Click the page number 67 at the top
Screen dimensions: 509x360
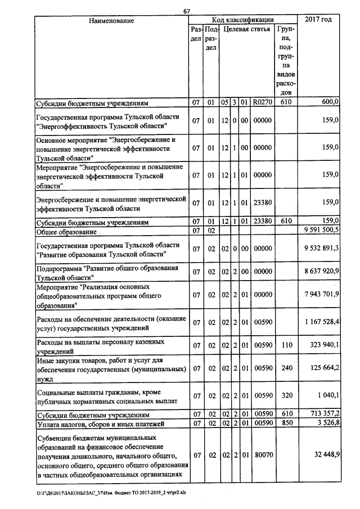pyautogui.click(x=187, y=12)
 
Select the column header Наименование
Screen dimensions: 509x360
pyautogui.click(x=111, y=20)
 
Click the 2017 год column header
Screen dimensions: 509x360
pyautogui.click(x=318, y=20)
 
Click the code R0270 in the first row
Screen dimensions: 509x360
pyautogui.click(x=262, y=102)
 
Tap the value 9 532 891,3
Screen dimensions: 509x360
pyautogui.click(x=321, y=249)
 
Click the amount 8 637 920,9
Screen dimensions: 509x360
pyautogui.click(x=321, y=272)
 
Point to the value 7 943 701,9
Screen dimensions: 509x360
pyautogui.click(x=321, y=295)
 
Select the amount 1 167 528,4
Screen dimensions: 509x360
pyautogui.click(x=321, y=322)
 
